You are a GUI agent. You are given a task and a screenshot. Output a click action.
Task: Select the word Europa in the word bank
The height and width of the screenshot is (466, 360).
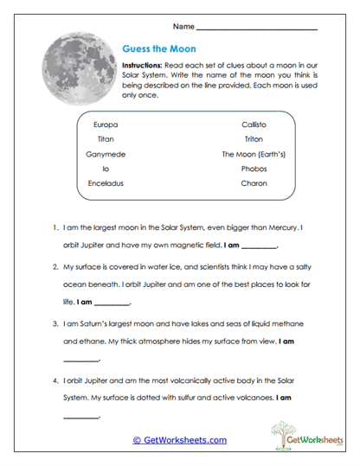[104, 124]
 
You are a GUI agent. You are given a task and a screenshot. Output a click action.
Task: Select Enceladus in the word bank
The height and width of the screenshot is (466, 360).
[107, 183]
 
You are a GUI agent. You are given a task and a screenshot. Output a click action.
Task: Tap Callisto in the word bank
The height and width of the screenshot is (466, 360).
[254, 124]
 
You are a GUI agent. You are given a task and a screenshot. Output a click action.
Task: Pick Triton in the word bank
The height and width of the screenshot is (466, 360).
[254, 139]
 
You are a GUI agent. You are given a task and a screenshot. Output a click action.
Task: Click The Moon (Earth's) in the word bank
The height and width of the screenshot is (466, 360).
[254, 154]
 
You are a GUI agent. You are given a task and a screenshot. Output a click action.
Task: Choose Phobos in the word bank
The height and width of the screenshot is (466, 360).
[254, 169]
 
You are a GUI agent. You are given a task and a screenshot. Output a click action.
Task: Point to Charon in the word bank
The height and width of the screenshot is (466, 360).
[254, 183]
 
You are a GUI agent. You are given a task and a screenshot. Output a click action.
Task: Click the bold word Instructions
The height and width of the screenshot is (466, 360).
[142, 66]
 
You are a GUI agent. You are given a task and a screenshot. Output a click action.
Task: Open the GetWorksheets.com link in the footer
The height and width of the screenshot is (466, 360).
[179, 440]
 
